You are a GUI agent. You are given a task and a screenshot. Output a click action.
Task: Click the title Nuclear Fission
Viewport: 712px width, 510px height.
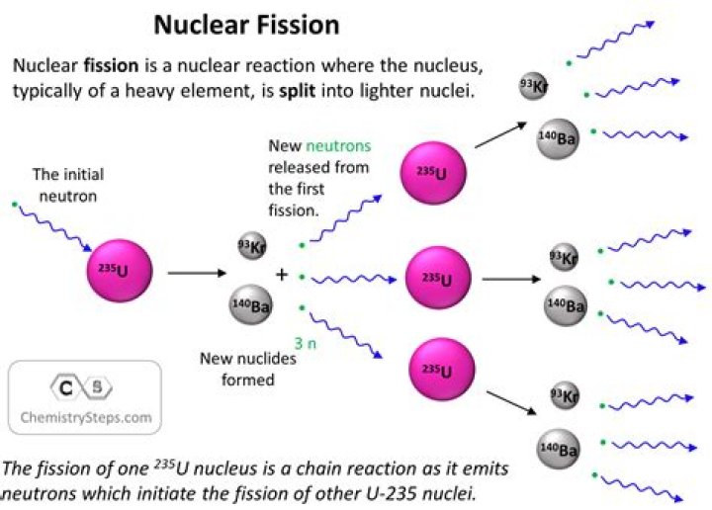tap(246, 23)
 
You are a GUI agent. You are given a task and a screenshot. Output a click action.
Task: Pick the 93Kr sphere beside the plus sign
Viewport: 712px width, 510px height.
tap(251, 248)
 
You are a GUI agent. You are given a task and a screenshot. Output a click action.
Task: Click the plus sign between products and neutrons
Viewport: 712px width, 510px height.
tap(281, 274)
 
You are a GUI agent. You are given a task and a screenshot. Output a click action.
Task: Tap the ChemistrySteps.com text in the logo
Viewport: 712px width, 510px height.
tap(86, 417)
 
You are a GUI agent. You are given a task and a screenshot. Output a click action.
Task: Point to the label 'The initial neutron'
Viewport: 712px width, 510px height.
tap(67, 185)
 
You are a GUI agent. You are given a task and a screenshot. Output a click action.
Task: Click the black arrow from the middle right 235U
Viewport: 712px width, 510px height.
tap(511, 280)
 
